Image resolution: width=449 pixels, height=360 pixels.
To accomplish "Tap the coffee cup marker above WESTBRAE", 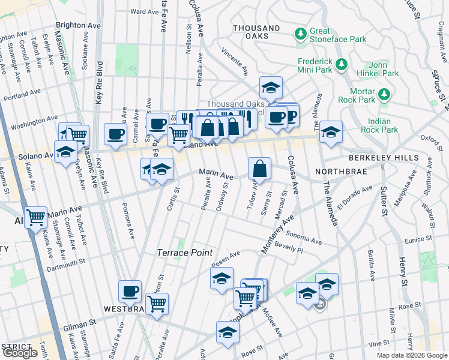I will tap(130, 292).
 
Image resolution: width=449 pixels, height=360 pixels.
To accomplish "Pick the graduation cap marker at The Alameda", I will tap(330, 132).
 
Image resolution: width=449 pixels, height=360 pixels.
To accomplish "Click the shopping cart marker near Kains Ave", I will tap(36, 217).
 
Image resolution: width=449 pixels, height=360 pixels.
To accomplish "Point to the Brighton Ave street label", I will tap(78, 26).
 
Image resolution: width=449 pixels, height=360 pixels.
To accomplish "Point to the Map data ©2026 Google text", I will tap(411, 355).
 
